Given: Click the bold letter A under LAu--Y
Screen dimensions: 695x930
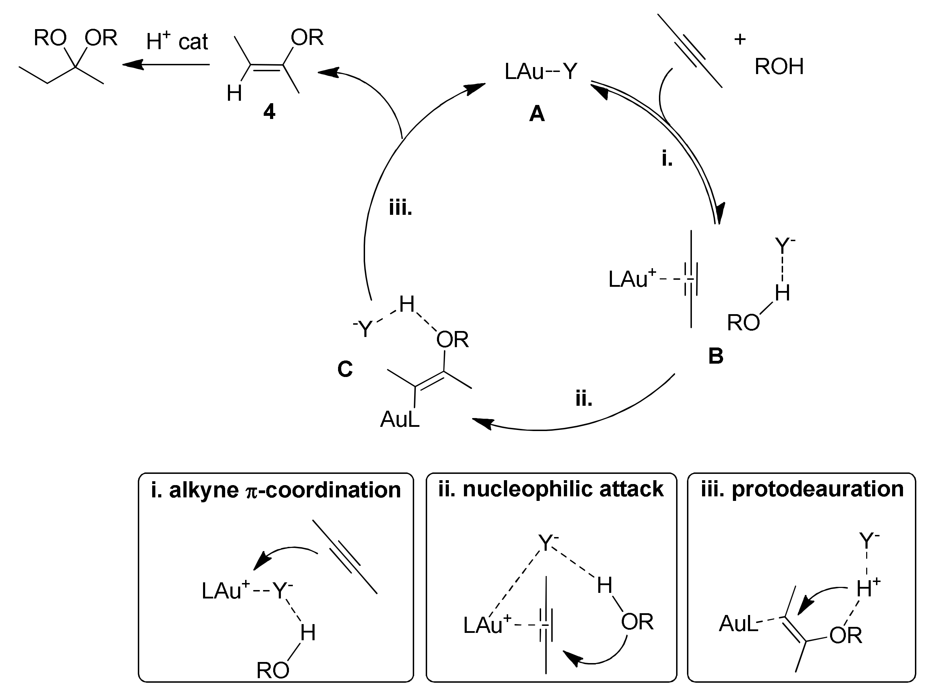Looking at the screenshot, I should point(537,114).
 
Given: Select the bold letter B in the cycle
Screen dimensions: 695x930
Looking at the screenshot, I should point(716,356).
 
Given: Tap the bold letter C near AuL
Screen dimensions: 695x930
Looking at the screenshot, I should point(345,369).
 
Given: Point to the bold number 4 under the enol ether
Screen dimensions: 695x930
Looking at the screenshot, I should point(269,112).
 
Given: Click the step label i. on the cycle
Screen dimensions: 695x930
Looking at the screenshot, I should point(667,159).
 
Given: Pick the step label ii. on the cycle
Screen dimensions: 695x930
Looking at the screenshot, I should point(584,398).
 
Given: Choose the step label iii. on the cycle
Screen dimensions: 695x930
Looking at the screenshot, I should point(400,208).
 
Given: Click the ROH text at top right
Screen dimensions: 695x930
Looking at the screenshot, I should point(779,66).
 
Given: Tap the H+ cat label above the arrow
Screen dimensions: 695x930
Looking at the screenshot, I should point(177,41).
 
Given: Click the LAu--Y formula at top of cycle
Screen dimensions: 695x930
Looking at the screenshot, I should point(541,72).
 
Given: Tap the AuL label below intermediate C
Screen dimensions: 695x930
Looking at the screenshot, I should point(400,419).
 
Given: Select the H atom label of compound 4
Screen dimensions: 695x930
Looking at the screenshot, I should point(234,93).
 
